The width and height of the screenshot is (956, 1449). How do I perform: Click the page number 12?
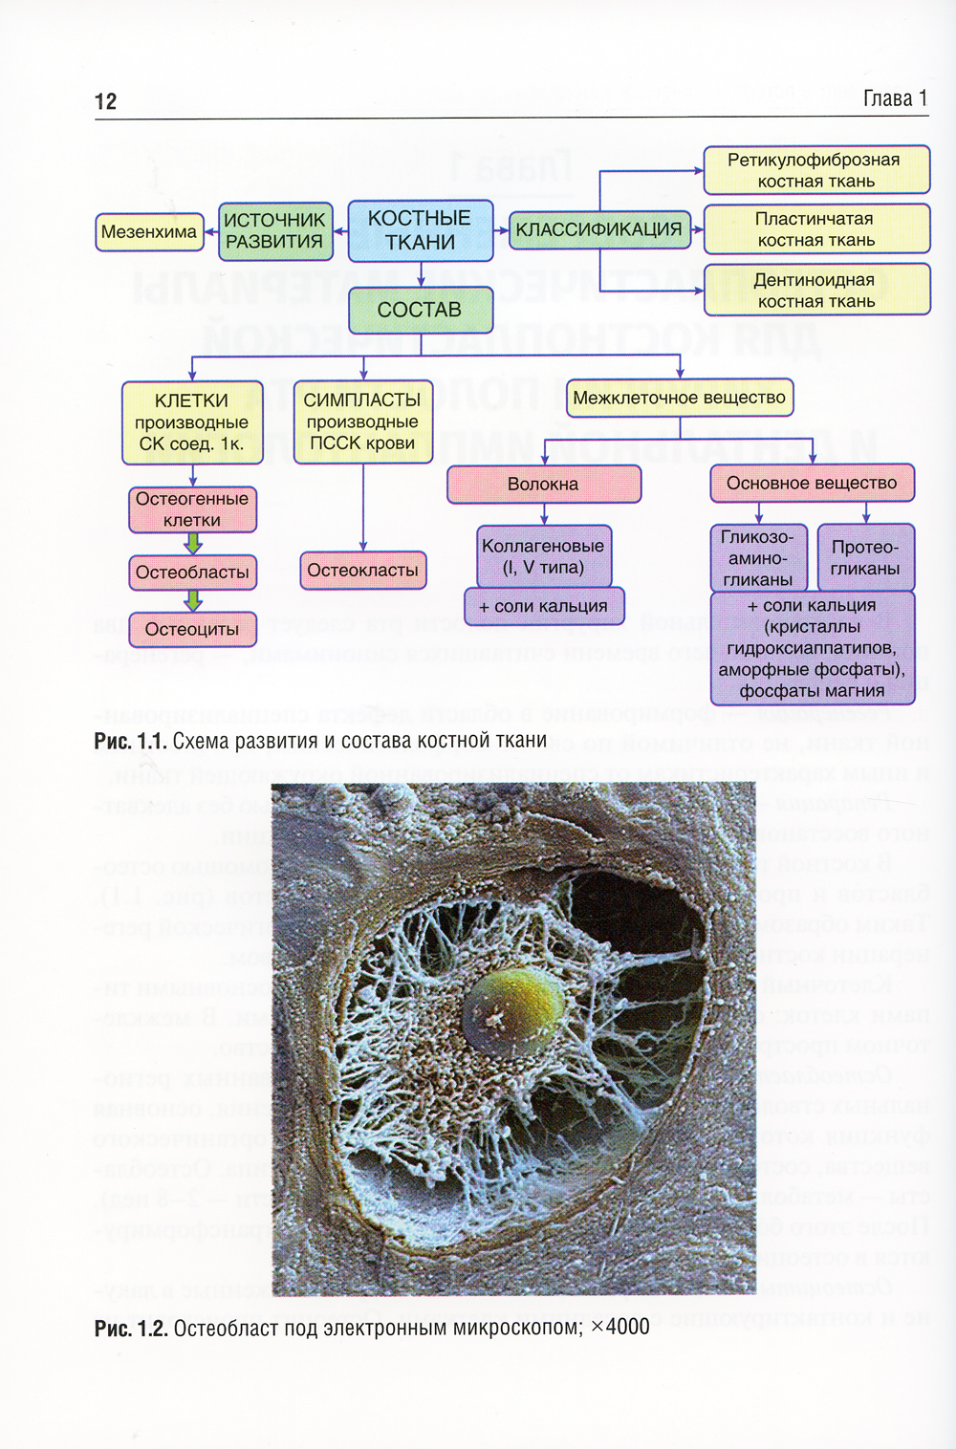tap(105, 101)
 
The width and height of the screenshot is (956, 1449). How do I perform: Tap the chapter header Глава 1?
tap(895, 98)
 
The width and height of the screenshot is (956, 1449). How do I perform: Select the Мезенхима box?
tap(149, 231)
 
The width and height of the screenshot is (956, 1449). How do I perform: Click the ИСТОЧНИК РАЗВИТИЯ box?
tap(274, 230)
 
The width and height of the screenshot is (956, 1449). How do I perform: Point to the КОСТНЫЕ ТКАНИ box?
tap(420, 230)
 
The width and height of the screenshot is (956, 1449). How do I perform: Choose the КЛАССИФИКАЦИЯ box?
tap(598, 229)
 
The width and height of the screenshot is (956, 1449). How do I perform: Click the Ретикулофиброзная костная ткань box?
tap(815, 170)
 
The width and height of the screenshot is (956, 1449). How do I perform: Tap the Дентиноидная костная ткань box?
tap(815, 290)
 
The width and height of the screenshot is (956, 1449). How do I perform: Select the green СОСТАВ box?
tap(420, 310)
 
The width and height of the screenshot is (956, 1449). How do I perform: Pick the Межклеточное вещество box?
tap(679, 398)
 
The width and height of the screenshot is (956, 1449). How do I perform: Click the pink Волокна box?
tap(543, 484)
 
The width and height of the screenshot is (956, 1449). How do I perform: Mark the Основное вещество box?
tap(812, 483)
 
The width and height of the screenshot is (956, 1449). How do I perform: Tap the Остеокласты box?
tap(362, 570)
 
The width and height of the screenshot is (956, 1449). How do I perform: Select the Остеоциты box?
tap(192, 629)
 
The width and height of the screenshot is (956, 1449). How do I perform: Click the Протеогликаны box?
tap(865, 557)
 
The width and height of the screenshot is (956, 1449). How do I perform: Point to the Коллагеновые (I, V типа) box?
tap(543, 556)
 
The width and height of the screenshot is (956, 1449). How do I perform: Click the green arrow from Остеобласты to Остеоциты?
tap(193, 600)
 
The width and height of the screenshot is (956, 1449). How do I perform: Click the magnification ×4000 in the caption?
tap(620, 1327)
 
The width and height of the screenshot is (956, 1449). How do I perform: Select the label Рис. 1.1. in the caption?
tap(130, 741)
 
